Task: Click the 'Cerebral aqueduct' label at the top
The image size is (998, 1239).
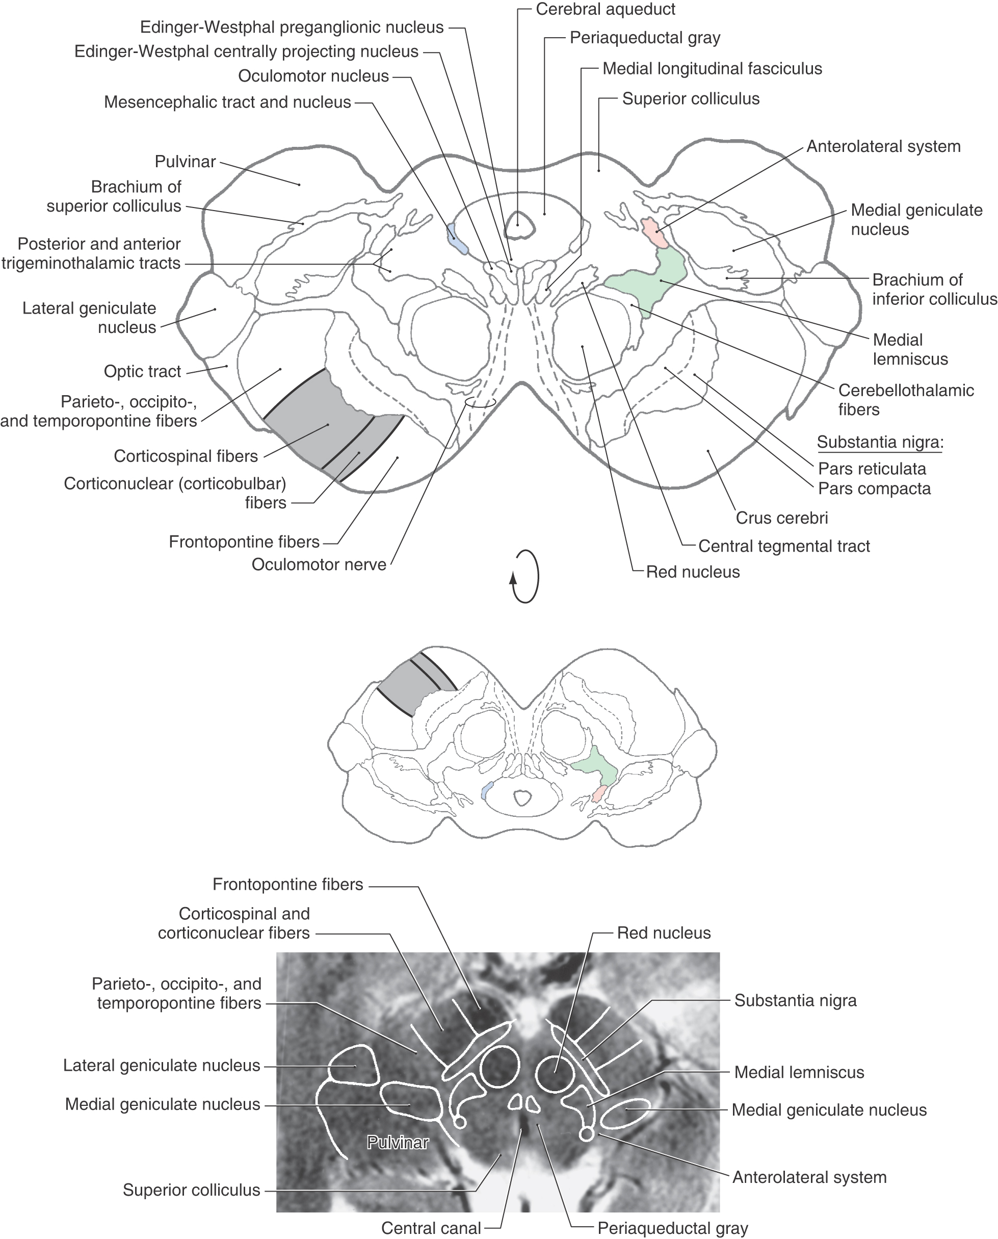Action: click(606, 9)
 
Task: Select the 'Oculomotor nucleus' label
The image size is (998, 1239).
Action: click(313, 76)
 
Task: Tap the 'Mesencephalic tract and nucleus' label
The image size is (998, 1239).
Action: click(227, 102)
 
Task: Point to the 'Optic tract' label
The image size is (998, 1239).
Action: click(142, 371)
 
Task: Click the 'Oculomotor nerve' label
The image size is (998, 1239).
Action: click(319, 564)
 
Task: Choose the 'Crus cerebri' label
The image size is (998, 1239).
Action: click(781, 518)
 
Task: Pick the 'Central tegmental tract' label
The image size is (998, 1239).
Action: click(783, 546)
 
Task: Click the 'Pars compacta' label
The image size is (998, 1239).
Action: click(874, 488)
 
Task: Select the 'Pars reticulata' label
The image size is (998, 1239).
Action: click(872, 469)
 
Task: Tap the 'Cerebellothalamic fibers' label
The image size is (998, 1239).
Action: click(905, 400)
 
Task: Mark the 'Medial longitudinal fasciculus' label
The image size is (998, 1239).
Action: click(712, 69)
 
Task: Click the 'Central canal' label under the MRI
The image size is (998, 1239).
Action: click(431, 1228)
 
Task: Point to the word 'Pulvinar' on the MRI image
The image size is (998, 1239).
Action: click(398, 1143)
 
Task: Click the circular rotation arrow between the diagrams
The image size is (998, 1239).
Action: click(526, 576)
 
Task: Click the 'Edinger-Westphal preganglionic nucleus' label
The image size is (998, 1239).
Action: click(292, 27)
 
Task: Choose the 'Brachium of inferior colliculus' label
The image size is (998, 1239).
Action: click(934, 289)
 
